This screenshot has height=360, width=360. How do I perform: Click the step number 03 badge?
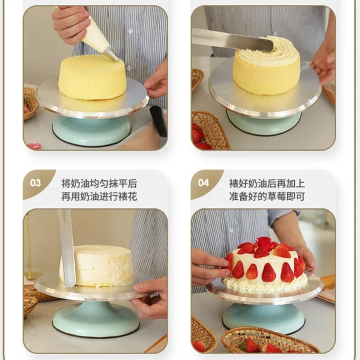[35, 183]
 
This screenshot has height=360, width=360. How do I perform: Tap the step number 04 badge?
[203, 183]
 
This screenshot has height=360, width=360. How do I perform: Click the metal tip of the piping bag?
[111, 54]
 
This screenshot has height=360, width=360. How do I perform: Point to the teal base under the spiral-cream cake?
[264, 122]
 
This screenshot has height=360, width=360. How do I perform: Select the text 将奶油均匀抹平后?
[99, 184]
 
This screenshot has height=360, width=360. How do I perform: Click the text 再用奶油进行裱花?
[99, 197]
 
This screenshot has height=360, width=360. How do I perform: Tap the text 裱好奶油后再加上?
[267, 184]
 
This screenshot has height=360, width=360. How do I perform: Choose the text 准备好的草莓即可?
[267, 197]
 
